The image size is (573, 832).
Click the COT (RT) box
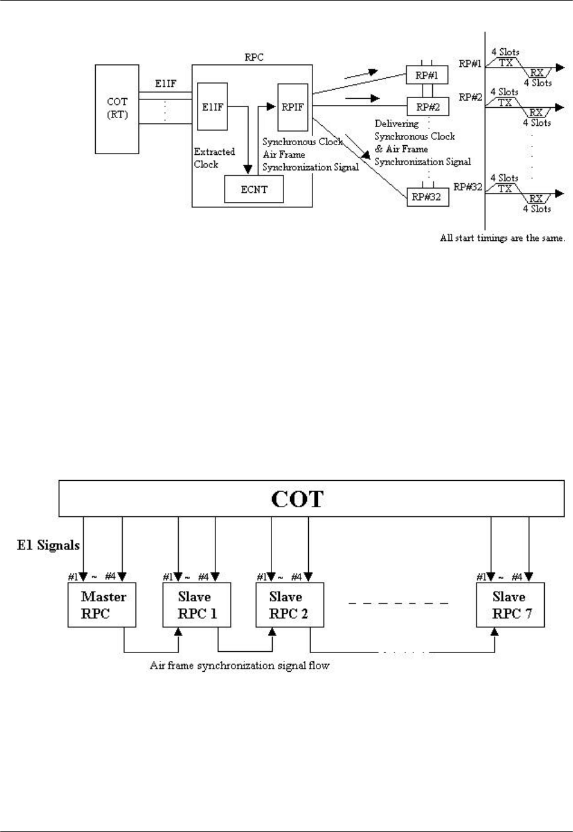117,108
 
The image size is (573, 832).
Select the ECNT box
253,189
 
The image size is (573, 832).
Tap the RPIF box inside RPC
292,107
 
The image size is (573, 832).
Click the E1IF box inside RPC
212,107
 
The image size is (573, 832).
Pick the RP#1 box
427,75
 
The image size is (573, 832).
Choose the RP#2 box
427,107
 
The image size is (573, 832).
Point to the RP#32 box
428,196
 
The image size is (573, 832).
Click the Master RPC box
104,605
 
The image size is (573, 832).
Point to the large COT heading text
297,499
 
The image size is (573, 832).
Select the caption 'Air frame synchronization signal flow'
240,666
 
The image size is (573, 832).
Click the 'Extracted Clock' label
214,158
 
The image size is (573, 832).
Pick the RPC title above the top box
255,58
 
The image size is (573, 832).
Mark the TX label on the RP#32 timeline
505,188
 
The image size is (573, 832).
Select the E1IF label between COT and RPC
165,84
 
